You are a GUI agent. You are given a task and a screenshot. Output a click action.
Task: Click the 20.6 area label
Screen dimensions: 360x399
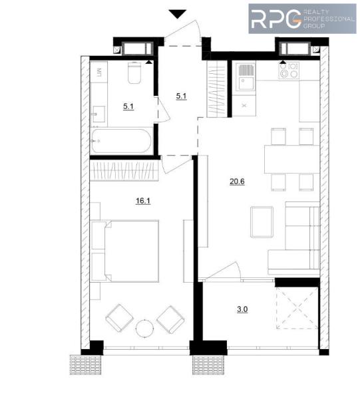(x=237, y=182)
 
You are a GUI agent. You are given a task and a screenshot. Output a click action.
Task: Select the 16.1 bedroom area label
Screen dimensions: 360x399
(x=143, y=201)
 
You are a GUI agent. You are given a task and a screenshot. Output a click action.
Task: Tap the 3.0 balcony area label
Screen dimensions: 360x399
(x=242, y=309)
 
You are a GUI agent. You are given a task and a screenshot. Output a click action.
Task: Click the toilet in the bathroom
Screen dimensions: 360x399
(x=134, y=72)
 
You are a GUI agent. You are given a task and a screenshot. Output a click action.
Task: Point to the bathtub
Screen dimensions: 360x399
(x=122, y=142)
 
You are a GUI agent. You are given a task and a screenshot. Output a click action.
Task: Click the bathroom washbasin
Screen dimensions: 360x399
(x=98, y=114)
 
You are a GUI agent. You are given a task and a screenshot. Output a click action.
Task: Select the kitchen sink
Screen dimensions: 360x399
(x=245, y=77)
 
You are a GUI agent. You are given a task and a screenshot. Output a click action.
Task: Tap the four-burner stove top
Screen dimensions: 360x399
(x=288, y=70)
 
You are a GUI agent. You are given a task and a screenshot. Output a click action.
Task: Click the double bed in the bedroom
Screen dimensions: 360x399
(x=132, y=251)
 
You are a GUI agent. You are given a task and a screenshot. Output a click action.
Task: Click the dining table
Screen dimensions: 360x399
(x=291, y=159)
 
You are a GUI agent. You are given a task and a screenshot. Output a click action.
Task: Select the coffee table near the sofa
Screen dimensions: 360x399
(x=262, y=222)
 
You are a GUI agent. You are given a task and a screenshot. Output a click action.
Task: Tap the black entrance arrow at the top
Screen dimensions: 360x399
(x=178, y=14)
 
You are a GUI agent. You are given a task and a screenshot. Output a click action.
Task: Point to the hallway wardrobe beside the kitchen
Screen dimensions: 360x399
(x=217, y=89)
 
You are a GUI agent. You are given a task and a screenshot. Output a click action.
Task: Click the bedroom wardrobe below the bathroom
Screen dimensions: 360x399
(x=124, y=170)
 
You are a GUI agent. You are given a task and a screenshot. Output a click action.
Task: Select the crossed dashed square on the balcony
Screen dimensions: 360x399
(x=297, y=308)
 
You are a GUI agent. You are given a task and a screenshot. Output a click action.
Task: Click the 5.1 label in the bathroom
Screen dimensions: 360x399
(x=128, y=106)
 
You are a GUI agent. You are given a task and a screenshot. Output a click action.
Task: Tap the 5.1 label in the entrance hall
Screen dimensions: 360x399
(x=181, y=96)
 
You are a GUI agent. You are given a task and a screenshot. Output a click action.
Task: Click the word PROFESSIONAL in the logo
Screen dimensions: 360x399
(x=329, y=19)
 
